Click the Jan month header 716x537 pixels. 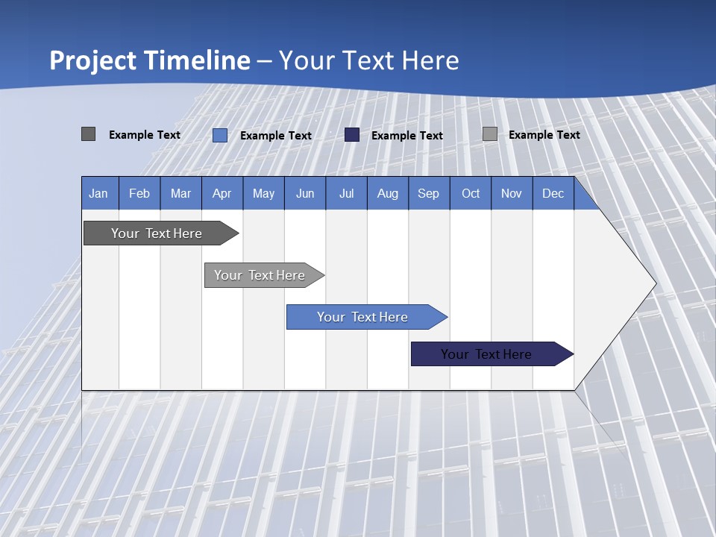click(x=98, y=194)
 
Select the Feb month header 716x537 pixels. click(x=139, y=194)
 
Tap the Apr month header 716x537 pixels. click(x=222, y=194)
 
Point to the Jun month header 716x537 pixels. click(x=305, y=194)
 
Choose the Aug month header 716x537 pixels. click(x=388, y=194)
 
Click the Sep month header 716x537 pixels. click(x=429, y=194)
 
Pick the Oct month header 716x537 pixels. click(x=471, y=194)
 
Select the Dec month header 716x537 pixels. click(x=553, y=194)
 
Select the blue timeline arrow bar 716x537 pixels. click(x=363, y=317)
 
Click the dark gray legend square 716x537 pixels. click(x=88, y=134)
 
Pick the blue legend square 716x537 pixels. click(x=220, y=135)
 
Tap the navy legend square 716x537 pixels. click(x=352, y=135)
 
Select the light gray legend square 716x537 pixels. click(x=490, y=134)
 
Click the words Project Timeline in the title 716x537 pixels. click(x=149, y=60)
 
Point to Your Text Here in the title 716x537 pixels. click(x=369, y=60)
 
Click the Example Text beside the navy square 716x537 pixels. click(x=407, y=136)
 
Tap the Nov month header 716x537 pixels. click(x=512, y=194)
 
